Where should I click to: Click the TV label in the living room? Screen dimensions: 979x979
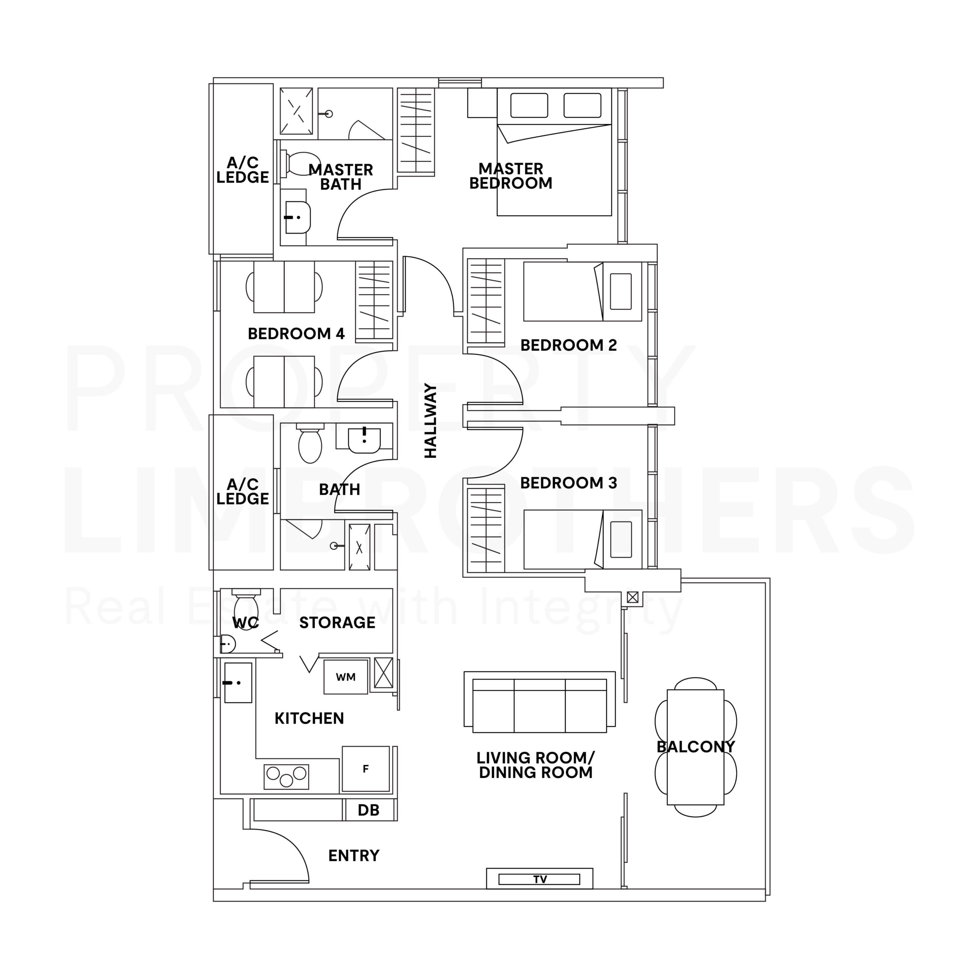[x=540, y=879]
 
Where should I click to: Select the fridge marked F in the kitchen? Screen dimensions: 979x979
[x=365, y=769]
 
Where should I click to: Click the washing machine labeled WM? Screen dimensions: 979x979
[x=346, y=677]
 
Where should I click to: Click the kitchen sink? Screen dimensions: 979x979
[x=237, y=683]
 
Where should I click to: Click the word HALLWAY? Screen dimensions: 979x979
[x=430, y=421]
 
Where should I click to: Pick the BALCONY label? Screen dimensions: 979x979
[x=695, y=746]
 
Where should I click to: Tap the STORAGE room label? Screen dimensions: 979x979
[x=337, y=622]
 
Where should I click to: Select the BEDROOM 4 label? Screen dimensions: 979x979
[x=296, y=333]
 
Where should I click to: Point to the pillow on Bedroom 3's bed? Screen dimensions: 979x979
[x=621, y=539]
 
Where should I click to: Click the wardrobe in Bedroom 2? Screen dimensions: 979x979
[x=485, y=301]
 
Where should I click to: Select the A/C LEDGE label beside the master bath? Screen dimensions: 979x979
[x=242, y=170]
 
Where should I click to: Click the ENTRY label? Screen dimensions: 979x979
[x=354, y=855]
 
